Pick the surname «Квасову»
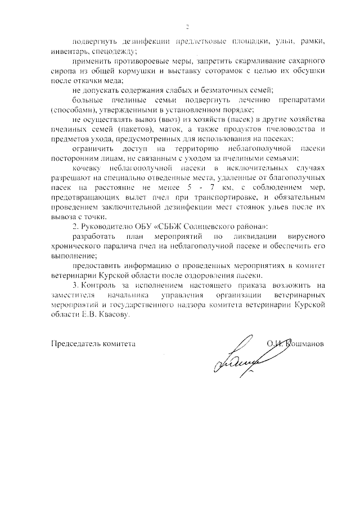pyautogui.click(x=114, y=316)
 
